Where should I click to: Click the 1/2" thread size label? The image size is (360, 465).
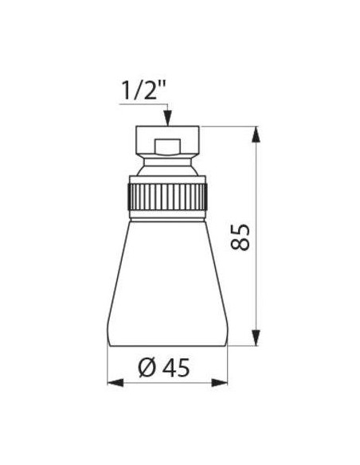tap(143, 90)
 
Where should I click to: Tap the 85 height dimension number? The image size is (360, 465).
tap(241, 237)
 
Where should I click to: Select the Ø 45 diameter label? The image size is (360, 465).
tap(164, 368)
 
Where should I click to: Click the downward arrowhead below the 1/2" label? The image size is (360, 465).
tap(167, 118)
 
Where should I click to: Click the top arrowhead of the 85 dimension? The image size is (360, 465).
tap(256, 135)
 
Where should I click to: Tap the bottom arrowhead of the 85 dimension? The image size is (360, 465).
tap(256, 338)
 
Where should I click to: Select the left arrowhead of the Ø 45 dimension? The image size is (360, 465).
tap(115, 382)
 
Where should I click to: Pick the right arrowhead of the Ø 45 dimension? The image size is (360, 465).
tap(220, 382)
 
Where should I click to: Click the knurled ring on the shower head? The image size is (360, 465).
tap(167, 197)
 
